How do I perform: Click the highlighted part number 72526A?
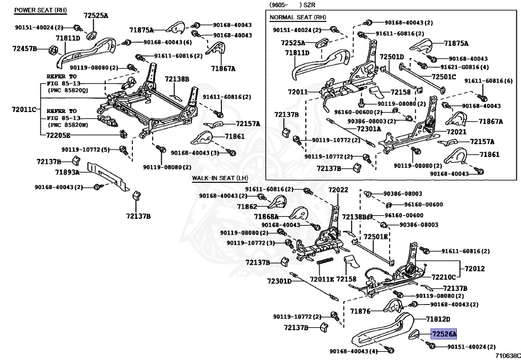pos(444,334)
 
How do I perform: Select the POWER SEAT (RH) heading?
pos(40,10)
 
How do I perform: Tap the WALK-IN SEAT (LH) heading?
pos(219,178)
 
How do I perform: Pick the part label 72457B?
pos(24,48)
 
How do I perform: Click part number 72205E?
pos(58,135)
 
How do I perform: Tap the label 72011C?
pos(24,109)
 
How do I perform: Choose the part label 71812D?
pos(438,319)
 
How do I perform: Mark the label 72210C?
pos(444,278)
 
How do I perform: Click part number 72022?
pos(338,190)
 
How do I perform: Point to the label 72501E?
pos(375,237)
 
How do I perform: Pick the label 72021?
pos(456,131)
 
